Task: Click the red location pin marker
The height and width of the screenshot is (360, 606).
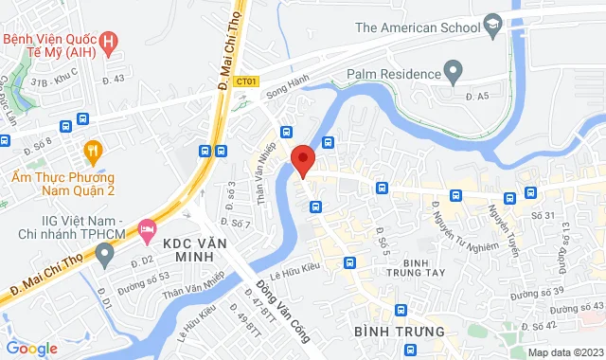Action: [x=303, y=160]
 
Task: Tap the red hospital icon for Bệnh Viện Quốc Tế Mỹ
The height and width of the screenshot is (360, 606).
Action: [x=111, y=41]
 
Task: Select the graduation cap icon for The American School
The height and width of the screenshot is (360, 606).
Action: [x=492, y=27]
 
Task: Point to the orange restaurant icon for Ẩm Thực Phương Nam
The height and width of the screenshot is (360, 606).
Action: [x=92, y=151]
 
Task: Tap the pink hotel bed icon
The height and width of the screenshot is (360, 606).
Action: [x=147, y=228]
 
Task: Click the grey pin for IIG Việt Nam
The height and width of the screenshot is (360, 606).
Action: [x=105, y=254]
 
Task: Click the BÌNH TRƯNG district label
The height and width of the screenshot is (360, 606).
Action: [x=399, y=332]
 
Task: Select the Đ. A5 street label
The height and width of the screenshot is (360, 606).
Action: [x=476, y=96]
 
